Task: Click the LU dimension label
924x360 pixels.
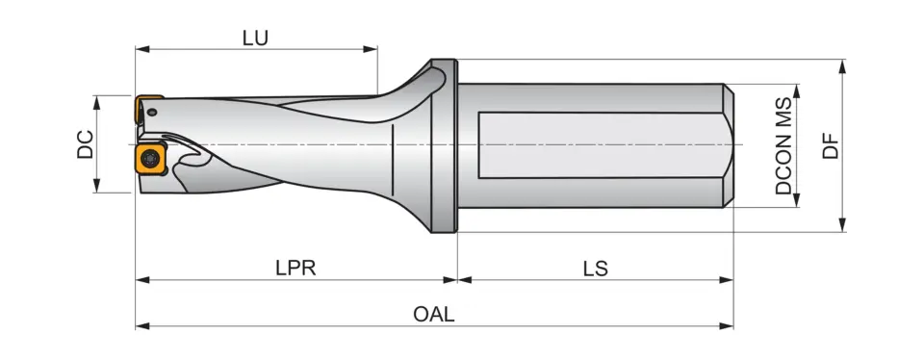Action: pyautogui.click(x=255, y=38)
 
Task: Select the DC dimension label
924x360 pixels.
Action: pyautogui.click(x=86, y=144)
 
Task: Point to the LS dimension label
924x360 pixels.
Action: pyautogui.click(x=595, y=269)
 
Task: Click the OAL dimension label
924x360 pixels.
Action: pyautogui.click(x=433, y=315)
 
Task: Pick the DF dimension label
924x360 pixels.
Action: pyautogui.click(x=831, y=144)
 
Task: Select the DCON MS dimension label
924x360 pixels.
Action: pyautogui.click(x=783, y=144)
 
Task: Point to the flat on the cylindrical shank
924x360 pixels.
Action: pyautogui.click(x=597, y=144)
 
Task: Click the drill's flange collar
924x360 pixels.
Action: pyautogui.click(x=444, y=144)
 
